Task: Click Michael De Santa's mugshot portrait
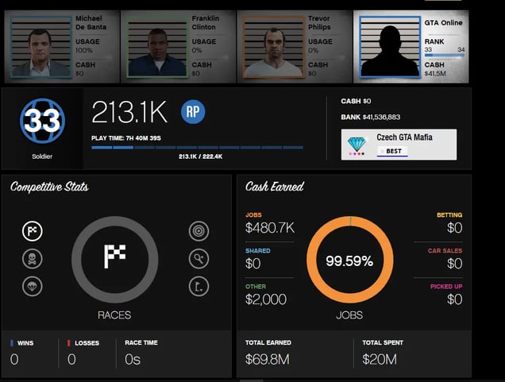(x=40, y=47)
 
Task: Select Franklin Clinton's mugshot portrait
(x=156, y=48)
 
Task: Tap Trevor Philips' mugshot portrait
(x=272, y=48)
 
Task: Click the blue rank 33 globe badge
(x=42, y=121)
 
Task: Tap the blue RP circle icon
(x=193, y=112)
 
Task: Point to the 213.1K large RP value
(x=129, y=113)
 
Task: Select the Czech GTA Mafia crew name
(x=404, y=137)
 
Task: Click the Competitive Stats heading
(x=49, y=187)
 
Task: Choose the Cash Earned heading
(x=275, y=187)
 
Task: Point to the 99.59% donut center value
(x=349, y=260)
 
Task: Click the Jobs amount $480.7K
(x=270, y=228)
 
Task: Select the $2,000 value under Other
(x=266, y=299)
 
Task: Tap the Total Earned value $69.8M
(x=267, y=359)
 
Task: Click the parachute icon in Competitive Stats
(x=33, y=286)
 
